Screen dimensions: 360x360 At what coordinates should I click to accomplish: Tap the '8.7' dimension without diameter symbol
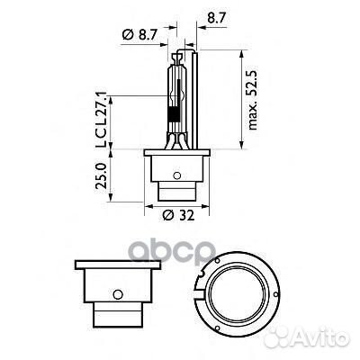(215, 16)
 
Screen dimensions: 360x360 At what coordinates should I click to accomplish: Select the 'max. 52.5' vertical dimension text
(256, 100)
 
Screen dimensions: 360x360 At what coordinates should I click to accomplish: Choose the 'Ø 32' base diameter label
(181, 217)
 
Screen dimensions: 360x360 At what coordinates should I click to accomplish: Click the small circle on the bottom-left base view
(119, 293)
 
